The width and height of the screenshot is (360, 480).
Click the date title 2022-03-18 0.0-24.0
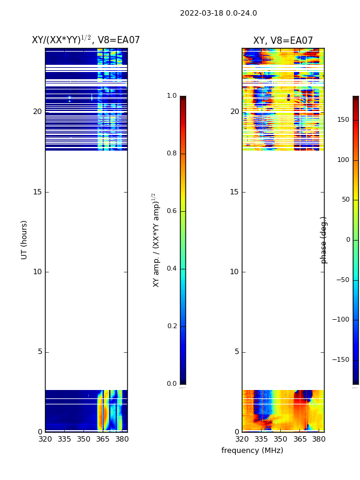coord(218,13)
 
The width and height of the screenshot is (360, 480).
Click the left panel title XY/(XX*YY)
coord(86,40)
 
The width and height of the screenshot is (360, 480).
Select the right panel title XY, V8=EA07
coord(283,41)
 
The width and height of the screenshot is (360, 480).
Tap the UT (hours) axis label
coord(25,239)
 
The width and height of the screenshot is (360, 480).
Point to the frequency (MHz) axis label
coord(252,451)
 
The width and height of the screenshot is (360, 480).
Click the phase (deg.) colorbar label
coord(324,240)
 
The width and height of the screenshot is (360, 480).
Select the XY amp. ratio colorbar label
coord(155,240)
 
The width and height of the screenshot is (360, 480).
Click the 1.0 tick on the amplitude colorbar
coord(172,96)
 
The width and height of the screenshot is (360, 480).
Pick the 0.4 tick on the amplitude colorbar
coord(172,269)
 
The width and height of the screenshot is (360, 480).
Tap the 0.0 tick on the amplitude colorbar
coord(172,384)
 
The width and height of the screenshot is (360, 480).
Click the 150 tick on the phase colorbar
coord(343,120)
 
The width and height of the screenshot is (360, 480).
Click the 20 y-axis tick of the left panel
coord(37,112)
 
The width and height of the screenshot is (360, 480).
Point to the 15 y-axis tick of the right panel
coord(234,192)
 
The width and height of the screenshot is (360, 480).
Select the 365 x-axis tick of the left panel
coord(103,439)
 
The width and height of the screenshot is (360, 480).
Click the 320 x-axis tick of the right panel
coord(242,439)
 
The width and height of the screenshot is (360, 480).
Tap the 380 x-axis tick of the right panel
coord(319,439)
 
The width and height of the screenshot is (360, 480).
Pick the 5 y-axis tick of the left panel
coord(40,352)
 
